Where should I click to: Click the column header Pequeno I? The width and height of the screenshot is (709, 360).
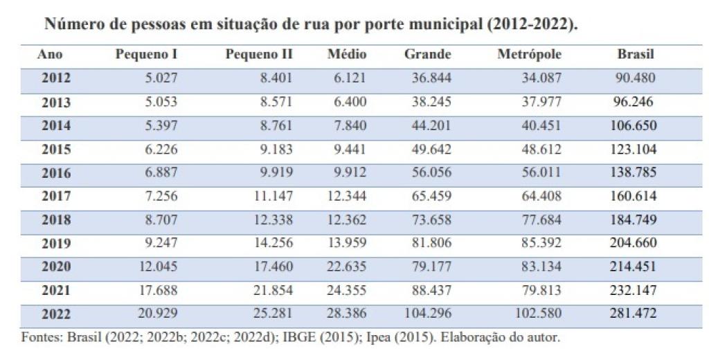coord(146,54)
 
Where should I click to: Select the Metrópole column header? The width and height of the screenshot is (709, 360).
coord(529,54)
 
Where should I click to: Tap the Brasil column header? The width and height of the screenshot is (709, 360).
coord(636,54)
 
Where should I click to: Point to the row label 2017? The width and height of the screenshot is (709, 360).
coord(56,196)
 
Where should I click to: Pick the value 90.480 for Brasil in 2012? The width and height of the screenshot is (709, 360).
coord(636,78)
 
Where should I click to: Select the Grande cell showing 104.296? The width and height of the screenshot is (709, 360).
coord(429,314)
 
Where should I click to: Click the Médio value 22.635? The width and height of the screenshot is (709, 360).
coord(346,267)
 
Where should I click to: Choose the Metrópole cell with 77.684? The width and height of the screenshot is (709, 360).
coord(540,219)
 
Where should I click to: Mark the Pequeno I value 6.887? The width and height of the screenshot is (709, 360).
coord(159,172)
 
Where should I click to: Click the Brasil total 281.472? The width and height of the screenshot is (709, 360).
coord(634,314)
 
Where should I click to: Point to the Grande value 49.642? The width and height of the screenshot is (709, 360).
coord(432,149)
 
